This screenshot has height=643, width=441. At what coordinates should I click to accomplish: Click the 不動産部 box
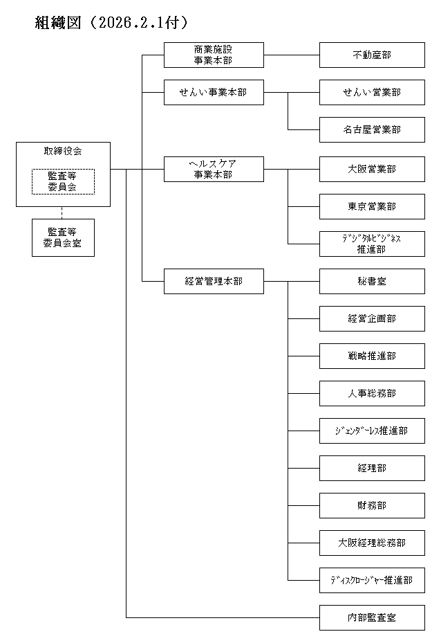click(372, 55)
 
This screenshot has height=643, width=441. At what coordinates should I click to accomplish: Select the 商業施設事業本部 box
click(214, 55)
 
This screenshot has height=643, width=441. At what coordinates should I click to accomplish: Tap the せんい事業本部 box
click(214, 92)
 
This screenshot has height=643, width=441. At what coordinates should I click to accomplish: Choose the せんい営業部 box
click(372, 92)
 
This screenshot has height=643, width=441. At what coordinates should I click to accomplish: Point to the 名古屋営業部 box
click(372, 129)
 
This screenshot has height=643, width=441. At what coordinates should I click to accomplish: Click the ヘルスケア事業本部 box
click(214, 169)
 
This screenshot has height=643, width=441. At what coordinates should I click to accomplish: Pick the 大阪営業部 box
click(372, 169)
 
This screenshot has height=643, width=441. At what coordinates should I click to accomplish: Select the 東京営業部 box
click(372, 206)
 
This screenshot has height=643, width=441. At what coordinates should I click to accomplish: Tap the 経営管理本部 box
click(214, 281)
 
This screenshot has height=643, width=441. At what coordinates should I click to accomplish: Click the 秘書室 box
click(372, 281)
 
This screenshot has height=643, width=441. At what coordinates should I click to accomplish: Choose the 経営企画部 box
click(372, 318)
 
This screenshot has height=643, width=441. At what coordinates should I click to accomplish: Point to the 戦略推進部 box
click(372, 356)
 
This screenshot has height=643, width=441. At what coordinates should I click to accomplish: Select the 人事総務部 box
click(372, 393)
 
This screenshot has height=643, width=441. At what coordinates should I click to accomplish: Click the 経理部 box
click(372, 468)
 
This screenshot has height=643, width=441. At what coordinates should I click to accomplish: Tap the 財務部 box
click(372, 505)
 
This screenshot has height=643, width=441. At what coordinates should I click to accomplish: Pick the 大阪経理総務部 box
click(372, 543)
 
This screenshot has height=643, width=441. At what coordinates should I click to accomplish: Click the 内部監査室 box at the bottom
click(372, 617)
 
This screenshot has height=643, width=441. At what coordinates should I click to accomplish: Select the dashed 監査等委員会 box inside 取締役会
click(63, 181)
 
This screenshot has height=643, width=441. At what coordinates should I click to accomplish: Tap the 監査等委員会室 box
click(63, 237)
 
